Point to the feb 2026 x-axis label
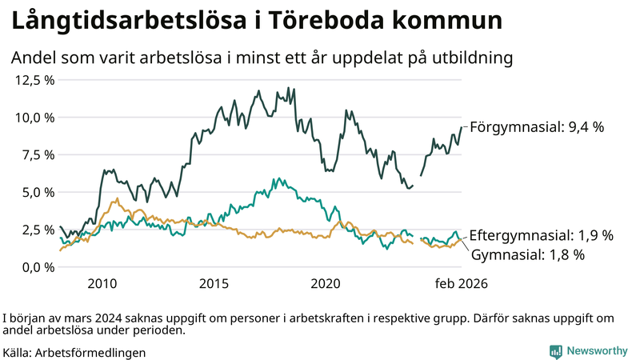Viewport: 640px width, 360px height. pyautogui.click(x=461, y=283)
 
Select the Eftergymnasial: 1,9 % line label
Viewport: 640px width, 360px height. pyautogui.click(x=541, y=235)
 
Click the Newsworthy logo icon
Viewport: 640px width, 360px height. pyautogui.click(x=555, y=351)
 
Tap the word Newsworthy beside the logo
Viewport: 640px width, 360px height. pyautogui.click(x=598, y=351)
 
